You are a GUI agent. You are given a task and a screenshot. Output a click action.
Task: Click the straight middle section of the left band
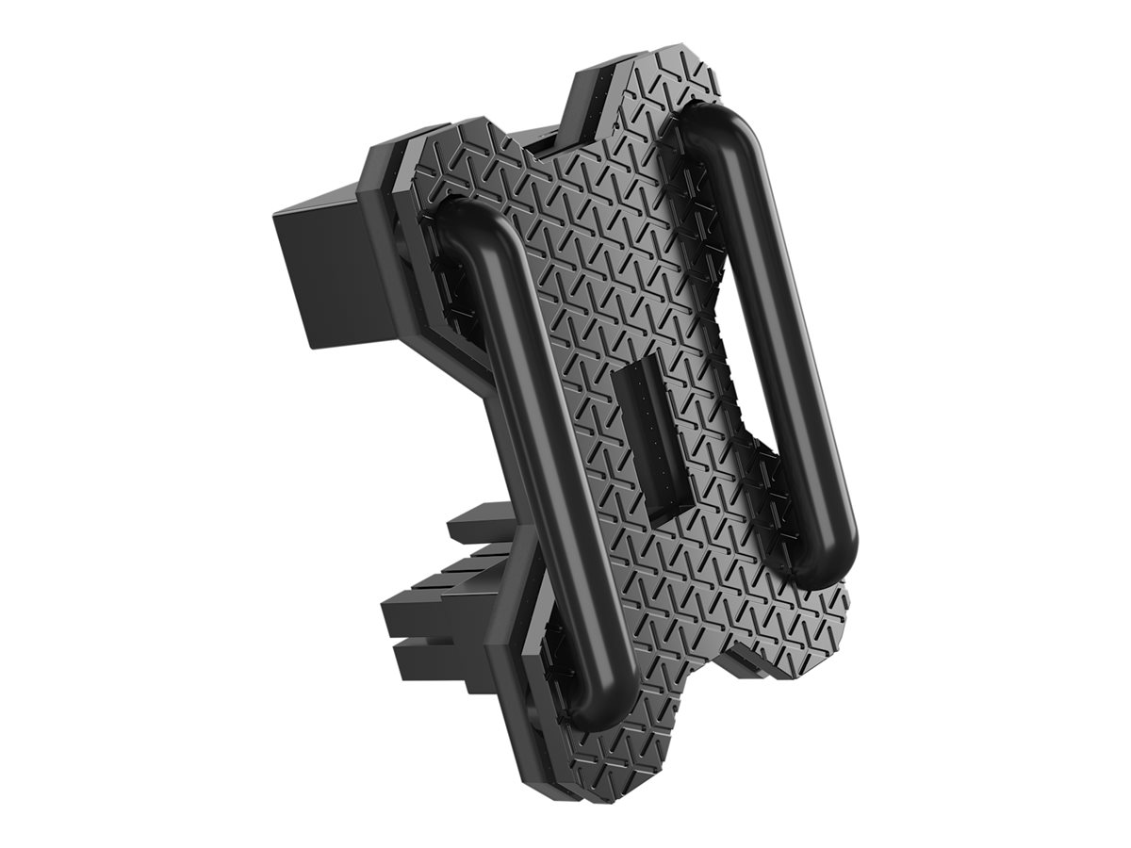tap(537, 452)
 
